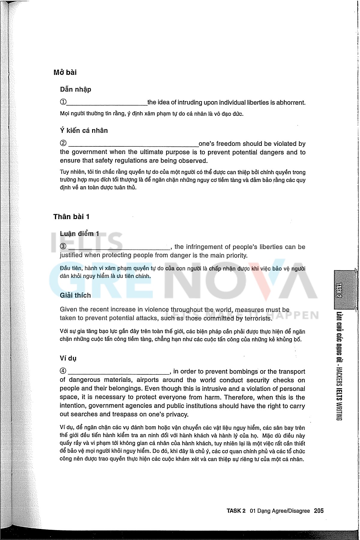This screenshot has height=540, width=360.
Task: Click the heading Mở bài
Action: (x=65, y=72)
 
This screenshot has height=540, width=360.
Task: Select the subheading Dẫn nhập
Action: (x=76, y=89)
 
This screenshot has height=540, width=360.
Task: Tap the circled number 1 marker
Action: (x=63, y=102)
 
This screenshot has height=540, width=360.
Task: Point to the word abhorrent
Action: (x=291, y=103)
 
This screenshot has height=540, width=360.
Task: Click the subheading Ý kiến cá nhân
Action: (x=84, y=130)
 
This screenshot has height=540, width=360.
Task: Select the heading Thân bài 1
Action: (x=71, y=217)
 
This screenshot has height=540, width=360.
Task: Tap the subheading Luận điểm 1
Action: (x=79, y=234)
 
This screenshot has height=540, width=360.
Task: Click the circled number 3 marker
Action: (x=63, y=247)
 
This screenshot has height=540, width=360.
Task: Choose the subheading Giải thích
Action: (x=75, y=295)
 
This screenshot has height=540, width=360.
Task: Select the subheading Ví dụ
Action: (x=68, y=358)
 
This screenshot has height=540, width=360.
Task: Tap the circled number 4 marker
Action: (x=63, y=371)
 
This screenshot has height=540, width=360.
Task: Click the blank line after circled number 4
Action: (x=119, y=373)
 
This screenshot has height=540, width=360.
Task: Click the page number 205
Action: (x=319, y=511)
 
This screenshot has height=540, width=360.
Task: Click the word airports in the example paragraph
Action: (x=148, y=380)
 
